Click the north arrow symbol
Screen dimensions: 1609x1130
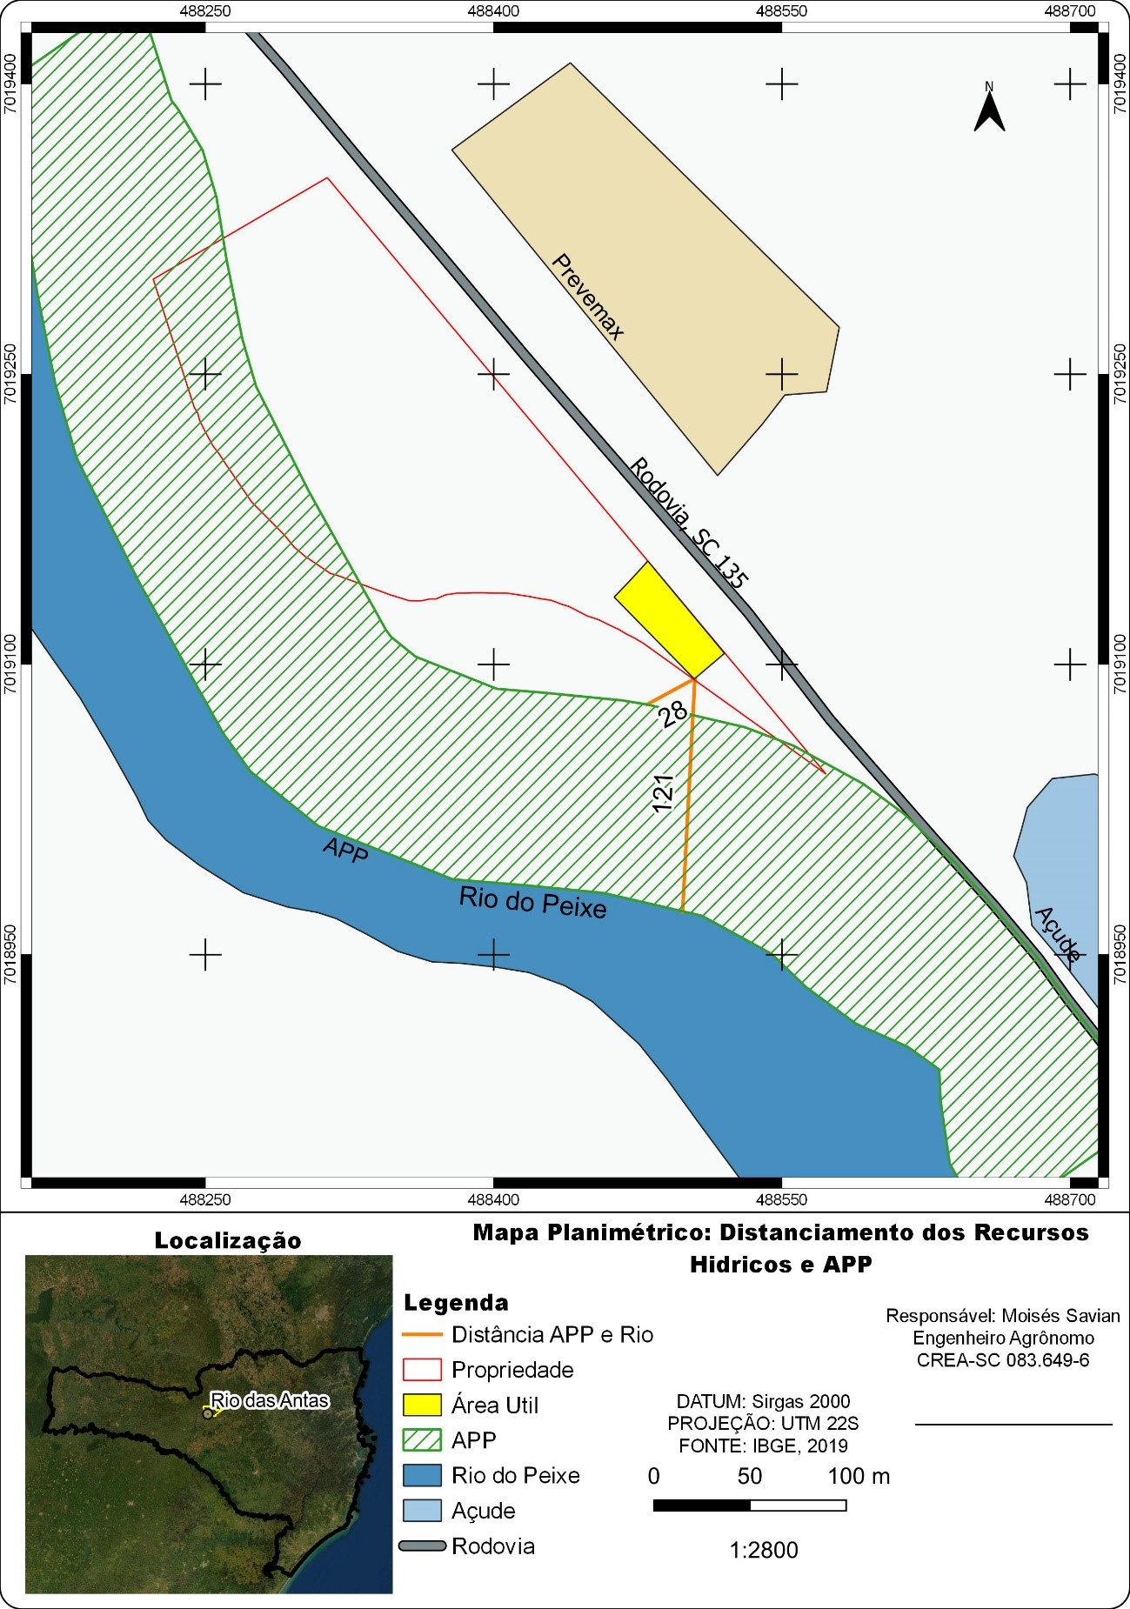point(989,109)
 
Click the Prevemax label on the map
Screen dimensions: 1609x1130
point(588,297)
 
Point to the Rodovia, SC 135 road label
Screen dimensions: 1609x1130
point(688,523)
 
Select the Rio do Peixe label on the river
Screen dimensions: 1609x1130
point(532,903)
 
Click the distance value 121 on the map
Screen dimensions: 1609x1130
point(663,792)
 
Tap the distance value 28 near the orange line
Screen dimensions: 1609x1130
point(672,714)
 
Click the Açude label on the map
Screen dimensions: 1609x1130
point(1058,933)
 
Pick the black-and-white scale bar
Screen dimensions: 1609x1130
point(749,1506)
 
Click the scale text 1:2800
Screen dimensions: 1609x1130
point(763,1550)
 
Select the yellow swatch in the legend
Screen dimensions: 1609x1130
point(422,1405)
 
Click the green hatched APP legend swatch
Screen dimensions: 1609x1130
point(422,1440)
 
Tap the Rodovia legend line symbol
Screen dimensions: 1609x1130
point(422,1546)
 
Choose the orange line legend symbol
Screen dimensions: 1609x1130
point(422,1335)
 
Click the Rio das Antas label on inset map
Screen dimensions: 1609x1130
point(270,1400)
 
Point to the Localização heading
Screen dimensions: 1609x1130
point(228,1241)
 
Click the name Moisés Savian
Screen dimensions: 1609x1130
point(1060,1316)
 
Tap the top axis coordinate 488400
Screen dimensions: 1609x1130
point(493,11)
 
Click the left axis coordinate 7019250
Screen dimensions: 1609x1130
point(10,374)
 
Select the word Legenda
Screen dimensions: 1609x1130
point(456,1303)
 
